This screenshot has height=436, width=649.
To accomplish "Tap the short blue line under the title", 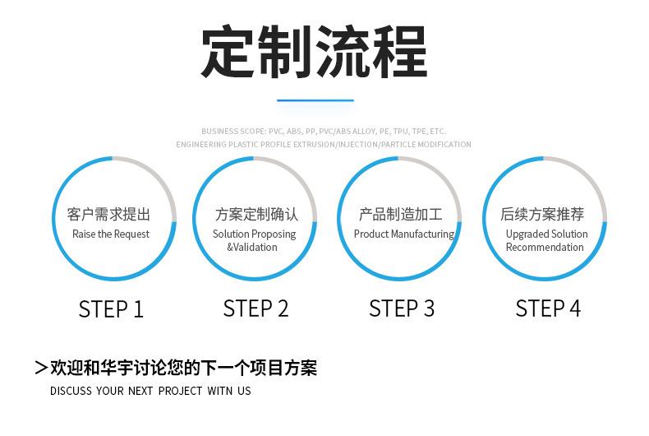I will click(315, 100).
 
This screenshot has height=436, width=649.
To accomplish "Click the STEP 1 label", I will click(111, 308).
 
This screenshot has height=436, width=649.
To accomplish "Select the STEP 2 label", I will click(255, 308).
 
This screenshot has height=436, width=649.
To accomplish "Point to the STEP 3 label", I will click(401, 308).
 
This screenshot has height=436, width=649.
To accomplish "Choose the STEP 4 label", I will click(548, 308).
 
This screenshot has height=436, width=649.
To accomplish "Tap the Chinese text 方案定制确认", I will click(256, 215).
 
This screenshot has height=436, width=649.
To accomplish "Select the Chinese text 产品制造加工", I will click(400, 215).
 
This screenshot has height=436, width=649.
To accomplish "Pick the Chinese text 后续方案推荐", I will click(542, 215).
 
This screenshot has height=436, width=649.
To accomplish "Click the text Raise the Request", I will click(111, 234).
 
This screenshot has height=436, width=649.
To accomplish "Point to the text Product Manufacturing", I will click(403, 234).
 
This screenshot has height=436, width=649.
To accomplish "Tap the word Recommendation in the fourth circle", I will click(545, 248).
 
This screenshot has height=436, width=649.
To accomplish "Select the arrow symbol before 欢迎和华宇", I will click(40, 368).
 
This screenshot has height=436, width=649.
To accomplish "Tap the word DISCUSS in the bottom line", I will click(70, 391).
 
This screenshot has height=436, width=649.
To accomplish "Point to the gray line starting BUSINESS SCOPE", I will click(323, 131).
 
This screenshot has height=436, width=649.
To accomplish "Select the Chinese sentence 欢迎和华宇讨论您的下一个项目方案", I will click(183, 368).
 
